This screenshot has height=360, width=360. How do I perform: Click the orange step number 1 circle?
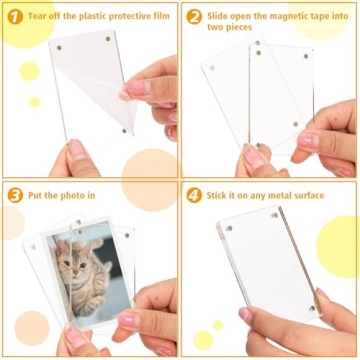click(x=15, y=17)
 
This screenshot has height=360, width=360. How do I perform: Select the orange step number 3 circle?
click(x=15, y=195)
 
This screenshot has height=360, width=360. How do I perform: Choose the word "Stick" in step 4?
click(x=221, y=195)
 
